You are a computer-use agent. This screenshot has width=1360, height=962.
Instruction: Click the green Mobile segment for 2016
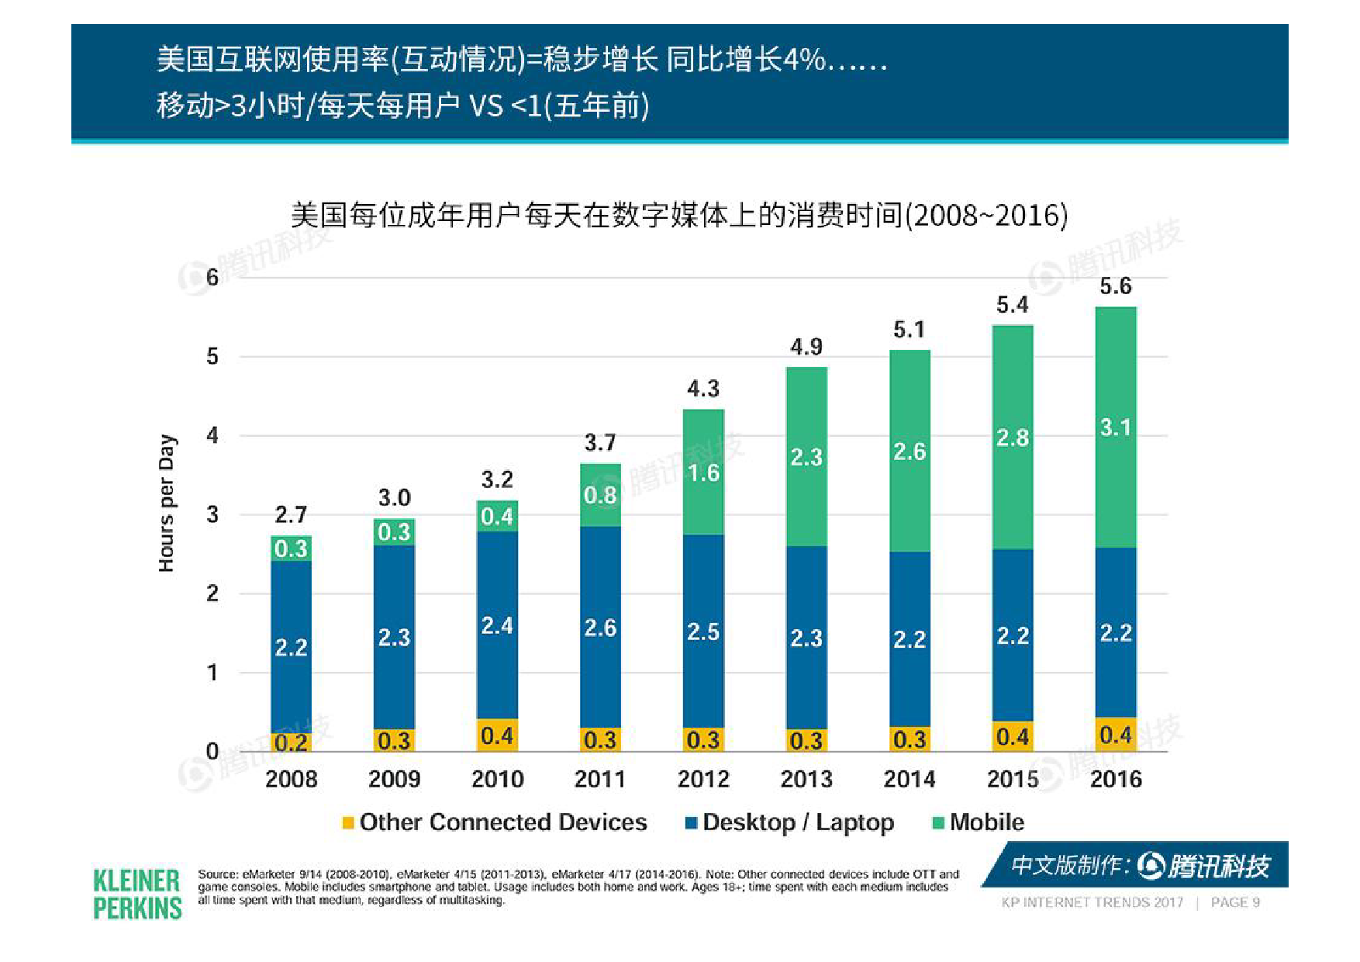point(1116,427)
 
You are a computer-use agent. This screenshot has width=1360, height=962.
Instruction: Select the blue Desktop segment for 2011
point(600,627)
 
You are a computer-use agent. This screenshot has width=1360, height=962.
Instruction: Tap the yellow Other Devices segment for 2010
point(497,735)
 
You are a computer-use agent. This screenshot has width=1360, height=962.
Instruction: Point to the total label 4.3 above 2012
point(703,389)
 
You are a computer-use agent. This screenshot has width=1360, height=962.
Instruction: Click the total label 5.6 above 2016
point(1116,286)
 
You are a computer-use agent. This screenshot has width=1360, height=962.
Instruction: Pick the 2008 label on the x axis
point(292,779)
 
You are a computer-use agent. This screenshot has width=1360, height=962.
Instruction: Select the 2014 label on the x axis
point(910,779)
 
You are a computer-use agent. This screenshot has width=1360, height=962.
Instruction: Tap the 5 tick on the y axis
point(212,357)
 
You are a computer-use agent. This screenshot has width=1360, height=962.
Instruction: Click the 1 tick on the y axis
point(212,673)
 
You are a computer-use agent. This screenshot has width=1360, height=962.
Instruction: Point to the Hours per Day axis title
point(167,504)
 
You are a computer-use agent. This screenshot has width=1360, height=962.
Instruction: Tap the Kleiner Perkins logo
point(137,894)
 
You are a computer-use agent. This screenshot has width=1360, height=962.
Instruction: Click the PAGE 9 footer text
point(1235,902)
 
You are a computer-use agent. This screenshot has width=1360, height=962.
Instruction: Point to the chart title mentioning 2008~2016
point(679,215)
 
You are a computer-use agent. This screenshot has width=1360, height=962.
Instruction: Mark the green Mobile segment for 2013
point(806,456)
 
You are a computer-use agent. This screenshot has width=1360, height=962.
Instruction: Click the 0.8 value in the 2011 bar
point(600,495)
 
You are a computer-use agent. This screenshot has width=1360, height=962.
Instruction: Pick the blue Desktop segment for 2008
point(292,646)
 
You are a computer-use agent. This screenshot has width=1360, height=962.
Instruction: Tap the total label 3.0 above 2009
point(394,498)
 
